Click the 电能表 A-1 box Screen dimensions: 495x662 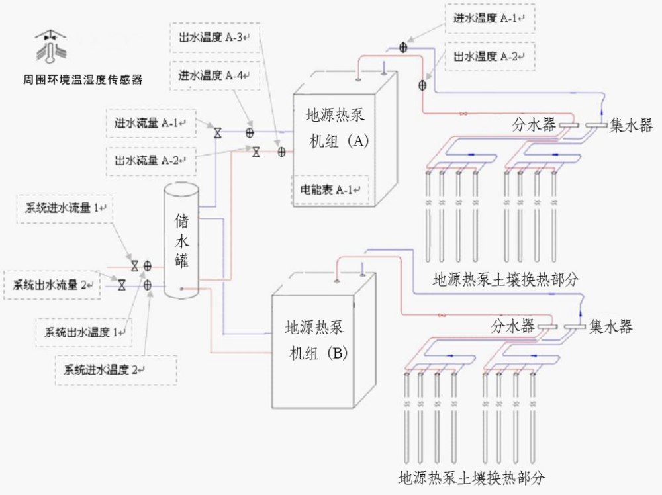330,190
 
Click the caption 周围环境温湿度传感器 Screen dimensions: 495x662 82,80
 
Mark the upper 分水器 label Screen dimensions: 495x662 534,124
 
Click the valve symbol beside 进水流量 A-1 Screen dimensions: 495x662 217,133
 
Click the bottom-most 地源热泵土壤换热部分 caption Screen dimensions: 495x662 471,477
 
